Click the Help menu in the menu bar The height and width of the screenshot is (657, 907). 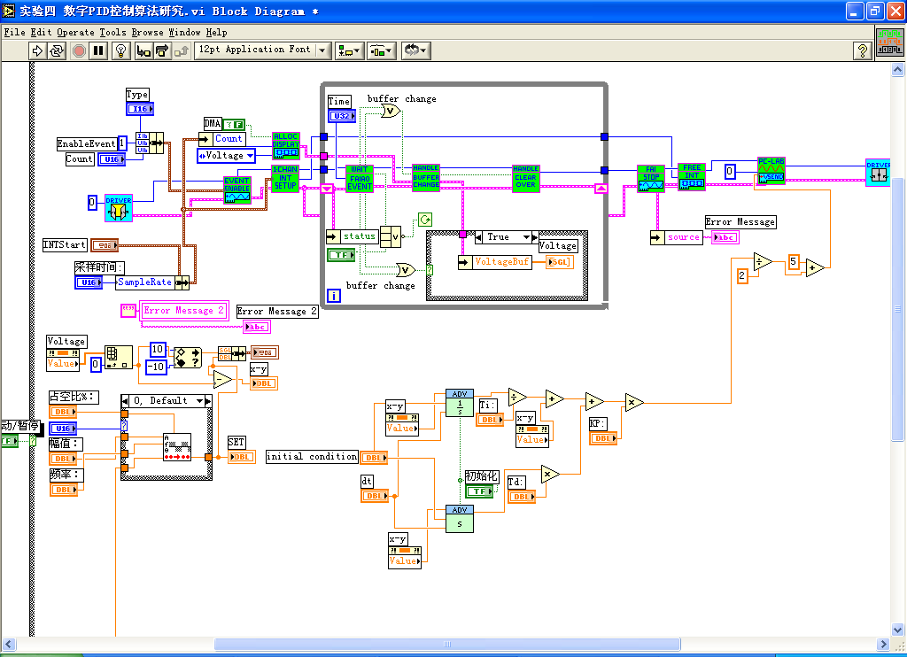[217, 32]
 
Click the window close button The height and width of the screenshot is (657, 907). [893, 11]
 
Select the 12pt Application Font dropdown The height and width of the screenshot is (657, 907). [262, 50]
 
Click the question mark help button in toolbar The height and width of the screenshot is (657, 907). [863, 50]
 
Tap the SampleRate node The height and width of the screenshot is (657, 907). [145, 282]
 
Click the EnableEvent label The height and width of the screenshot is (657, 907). [87, 143]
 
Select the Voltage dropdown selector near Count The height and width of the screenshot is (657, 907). [226, 156]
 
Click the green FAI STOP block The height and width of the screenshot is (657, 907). [651, 178]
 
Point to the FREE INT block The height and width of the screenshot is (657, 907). [692, 177]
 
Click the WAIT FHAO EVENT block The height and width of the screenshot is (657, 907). [360, 178]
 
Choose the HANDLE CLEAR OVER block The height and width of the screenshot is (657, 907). [526, 178]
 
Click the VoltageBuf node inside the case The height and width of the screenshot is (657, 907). [502, 262]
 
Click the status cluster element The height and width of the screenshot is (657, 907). [360, 236]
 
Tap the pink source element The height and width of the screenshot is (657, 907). [684, 237]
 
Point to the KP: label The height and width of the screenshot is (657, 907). [599, 424]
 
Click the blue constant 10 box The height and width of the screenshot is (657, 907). [159, 349]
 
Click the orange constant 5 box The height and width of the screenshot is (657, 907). [794, 262]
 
